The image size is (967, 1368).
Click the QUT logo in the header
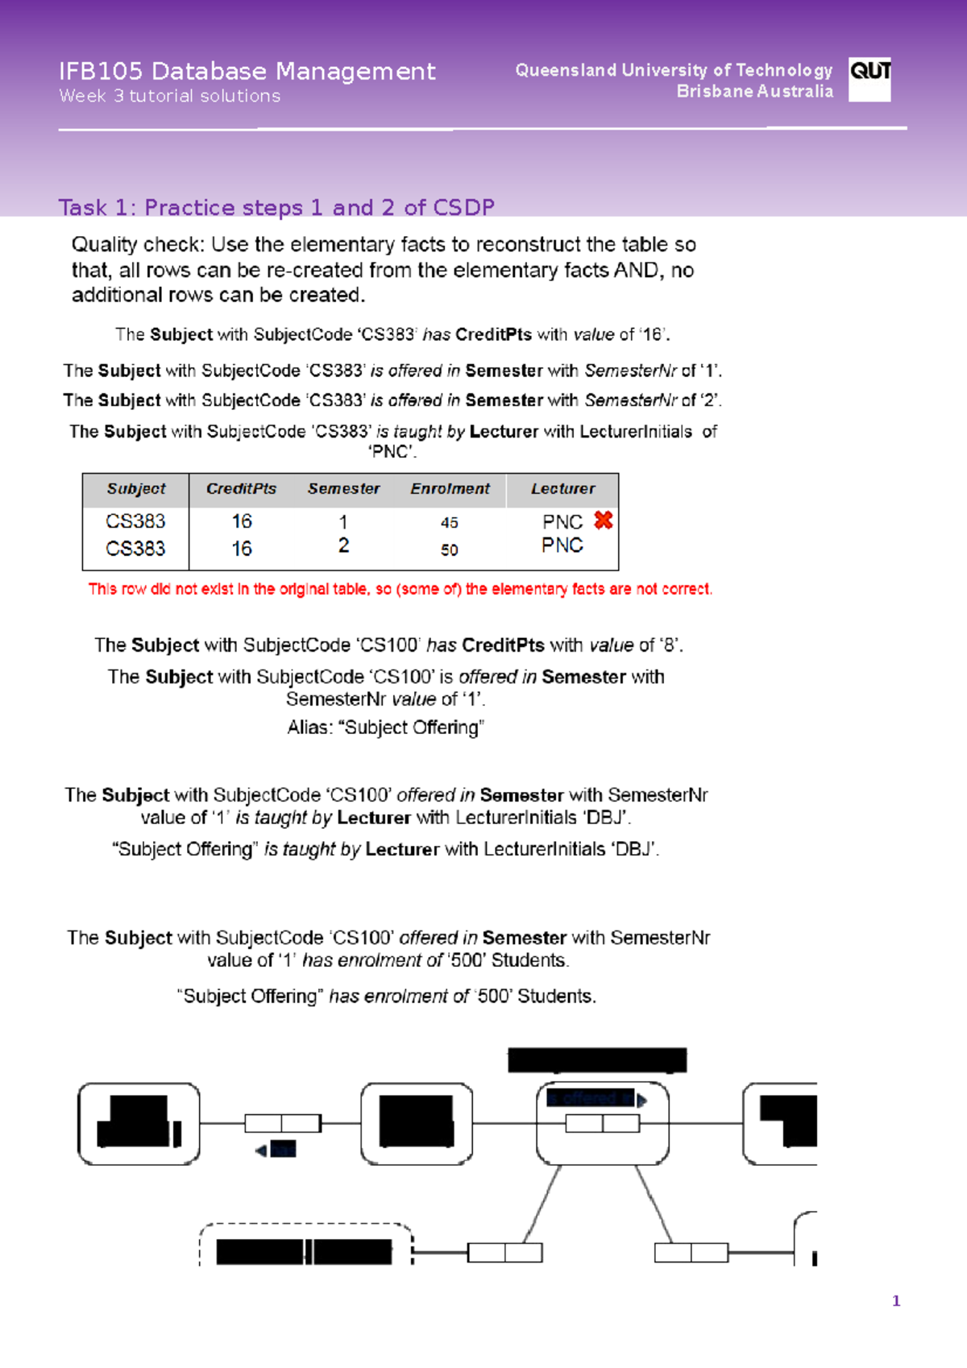coord(869,79)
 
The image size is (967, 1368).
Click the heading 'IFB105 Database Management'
coord(247,72)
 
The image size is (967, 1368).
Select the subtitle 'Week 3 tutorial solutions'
coord(169,96)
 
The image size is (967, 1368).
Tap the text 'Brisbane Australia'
coord(754,92)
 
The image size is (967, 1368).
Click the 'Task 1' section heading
coord(276,208)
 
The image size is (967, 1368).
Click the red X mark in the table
coord(603,520)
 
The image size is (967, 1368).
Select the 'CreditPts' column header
coord(241,489)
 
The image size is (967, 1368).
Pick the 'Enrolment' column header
coord(450,489)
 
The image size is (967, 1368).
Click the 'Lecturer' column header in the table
coord(562,489)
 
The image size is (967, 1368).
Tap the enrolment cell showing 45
coord(450,523)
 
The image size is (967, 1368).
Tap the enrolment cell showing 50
coord(450,550)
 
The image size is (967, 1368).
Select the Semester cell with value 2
coord(344,546)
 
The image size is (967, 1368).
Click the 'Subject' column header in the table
coord(136,489)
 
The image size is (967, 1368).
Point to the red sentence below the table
coord(400,590)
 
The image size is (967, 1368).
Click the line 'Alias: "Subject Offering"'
coord(385,728)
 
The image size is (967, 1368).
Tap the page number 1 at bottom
coord(896,1301)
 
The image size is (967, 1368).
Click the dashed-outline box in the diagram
coord(305,1246)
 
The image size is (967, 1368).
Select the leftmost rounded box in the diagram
coord(139,1123)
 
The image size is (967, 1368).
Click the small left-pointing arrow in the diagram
coord(261,1151)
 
